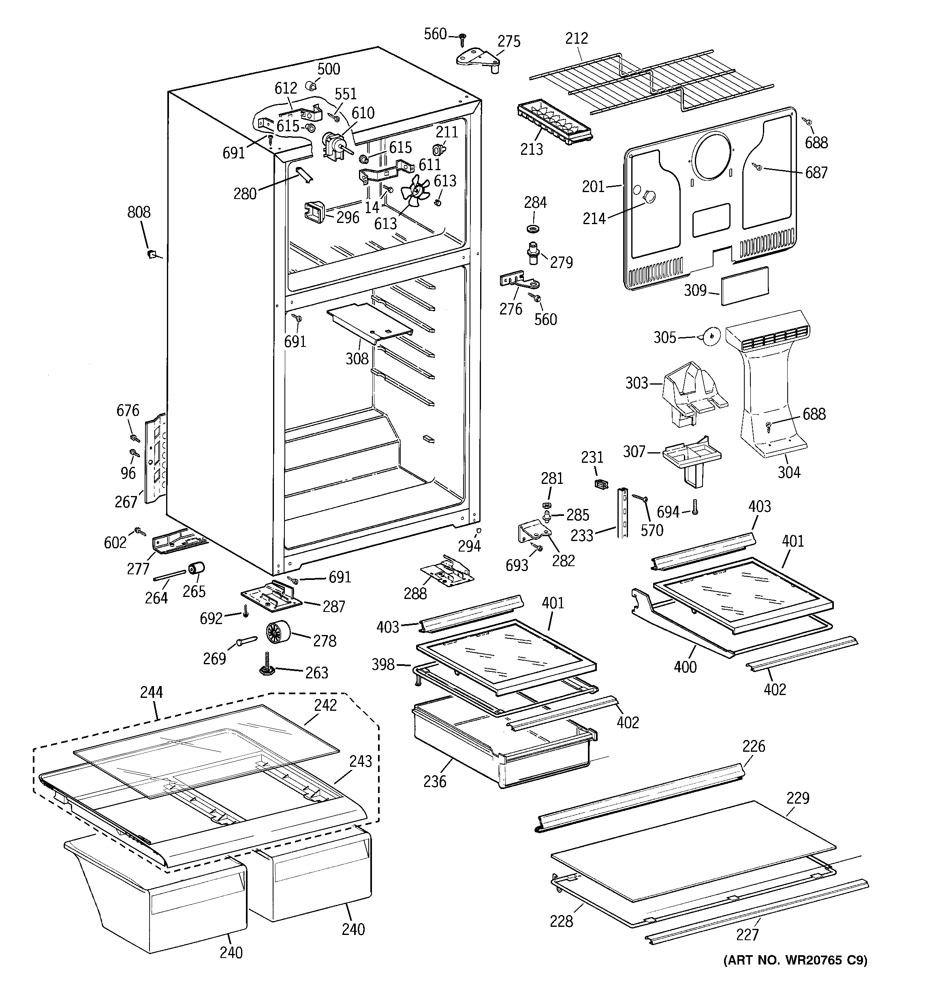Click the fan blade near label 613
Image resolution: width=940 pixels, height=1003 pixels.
[415, 192]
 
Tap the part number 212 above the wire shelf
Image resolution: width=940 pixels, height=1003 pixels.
[577, 38]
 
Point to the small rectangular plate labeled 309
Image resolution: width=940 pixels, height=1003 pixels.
[745, 286]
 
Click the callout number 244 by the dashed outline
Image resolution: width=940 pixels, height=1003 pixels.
[152, 692]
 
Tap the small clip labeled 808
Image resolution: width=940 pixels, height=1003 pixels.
[150, 254]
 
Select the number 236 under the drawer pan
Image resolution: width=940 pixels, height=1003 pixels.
[434, 781]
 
